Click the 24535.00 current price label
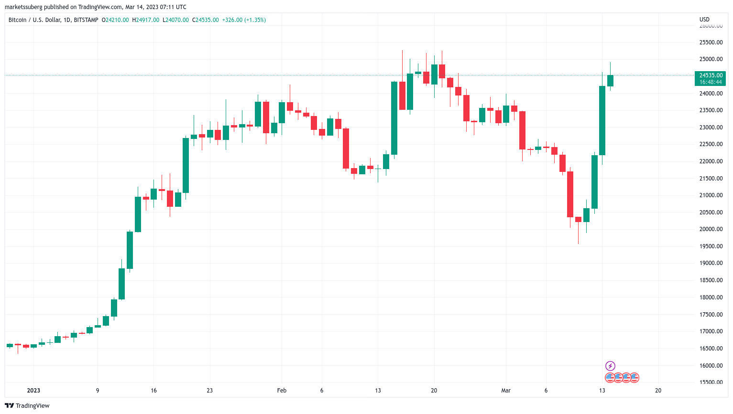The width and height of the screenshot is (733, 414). pos(711,75)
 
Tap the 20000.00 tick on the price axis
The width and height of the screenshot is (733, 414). pos(711,229)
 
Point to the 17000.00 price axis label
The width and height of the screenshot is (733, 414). pos(711,331)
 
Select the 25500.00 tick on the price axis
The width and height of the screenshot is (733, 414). pos(711,42)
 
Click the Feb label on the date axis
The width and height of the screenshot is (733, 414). pos(282,391)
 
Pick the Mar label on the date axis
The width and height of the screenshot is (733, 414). pos(506,391)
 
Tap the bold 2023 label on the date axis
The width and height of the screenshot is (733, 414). pos(33,391)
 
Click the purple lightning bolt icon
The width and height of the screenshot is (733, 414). pos(610,366)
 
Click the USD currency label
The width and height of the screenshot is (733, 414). pos(704,20)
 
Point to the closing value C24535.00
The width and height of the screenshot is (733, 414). pos(205,20)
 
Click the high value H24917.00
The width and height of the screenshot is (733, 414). pos(146,20)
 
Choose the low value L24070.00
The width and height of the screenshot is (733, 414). pos(175,20)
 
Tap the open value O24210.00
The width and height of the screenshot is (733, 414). pos(115,20)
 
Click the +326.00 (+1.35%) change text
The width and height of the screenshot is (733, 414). pos(244,20)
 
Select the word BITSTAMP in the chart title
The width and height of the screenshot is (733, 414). pos(86,20)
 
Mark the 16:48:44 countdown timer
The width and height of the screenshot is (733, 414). pos(711,82)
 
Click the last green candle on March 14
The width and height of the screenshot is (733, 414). pos(610,81)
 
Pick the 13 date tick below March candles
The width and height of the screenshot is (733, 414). pos(602,391)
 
